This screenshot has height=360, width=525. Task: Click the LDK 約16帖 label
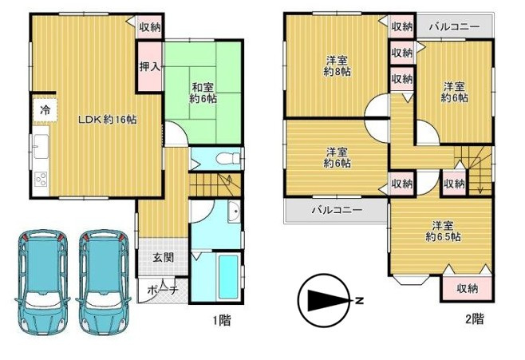pos(106,120)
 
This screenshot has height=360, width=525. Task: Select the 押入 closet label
pos(150,66)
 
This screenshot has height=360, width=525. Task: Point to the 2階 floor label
pos(475,319)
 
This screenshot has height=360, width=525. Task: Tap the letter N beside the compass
pos(360,302)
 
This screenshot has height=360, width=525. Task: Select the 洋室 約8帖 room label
pos(336,65)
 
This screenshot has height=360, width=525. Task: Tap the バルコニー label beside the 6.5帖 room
pos(336,212)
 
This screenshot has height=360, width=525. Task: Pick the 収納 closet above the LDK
pos(149,26)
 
